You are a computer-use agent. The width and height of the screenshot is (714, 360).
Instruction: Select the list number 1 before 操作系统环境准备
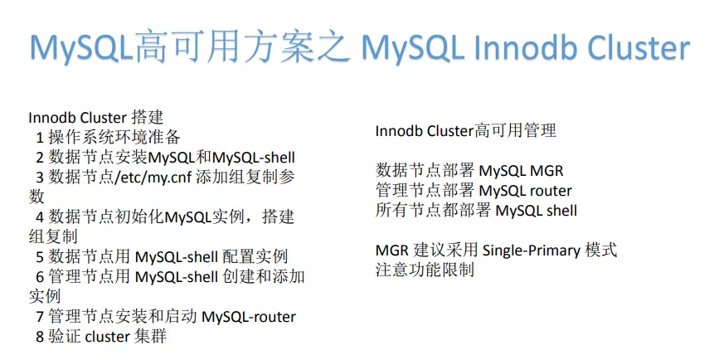point(40,137)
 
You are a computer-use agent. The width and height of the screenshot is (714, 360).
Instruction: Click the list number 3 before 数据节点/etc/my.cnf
point(40,177)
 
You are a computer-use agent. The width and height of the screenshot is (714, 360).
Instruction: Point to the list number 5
point(40,256)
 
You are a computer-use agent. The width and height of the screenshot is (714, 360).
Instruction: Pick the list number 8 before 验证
point(40,336)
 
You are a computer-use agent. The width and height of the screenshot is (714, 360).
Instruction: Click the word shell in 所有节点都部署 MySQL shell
point(562,211)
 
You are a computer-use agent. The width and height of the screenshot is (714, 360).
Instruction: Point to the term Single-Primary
point(532,251)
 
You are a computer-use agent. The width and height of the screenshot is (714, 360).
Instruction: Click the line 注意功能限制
point(425,270)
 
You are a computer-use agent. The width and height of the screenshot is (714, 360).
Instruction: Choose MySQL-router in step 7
point(249,317)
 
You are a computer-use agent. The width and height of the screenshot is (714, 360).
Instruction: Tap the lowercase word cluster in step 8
point(108,337)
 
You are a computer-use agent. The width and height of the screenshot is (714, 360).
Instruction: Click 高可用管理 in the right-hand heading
point(515,131)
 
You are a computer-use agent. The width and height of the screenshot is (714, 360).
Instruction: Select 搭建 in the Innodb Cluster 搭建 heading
point(148,118)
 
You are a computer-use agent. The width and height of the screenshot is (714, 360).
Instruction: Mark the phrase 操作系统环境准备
point(114,137)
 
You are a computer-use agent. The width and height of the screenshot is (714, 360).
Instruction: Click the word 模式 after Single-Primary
point(601,251)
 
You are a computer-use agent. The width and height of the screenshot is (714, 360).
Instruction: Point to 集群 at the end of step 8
point(151,336)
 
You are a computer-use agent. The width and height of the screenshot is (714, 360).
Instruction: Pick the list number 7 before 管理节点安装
point(40,316)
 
